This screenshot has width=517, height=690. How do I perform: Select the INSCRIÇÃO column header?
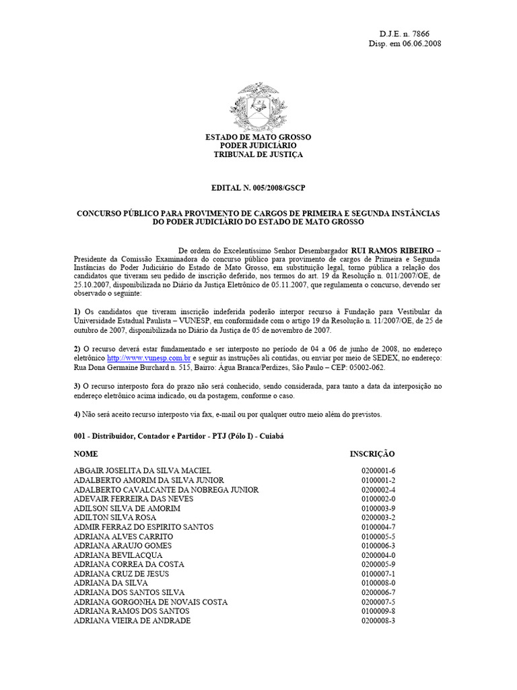(372, 454)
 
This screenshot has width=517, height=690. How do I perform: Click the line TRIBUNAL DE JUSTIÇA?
(258, 154)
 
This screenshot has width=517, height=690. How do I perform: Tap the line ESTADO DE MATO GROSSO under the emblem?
(258, 137)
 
